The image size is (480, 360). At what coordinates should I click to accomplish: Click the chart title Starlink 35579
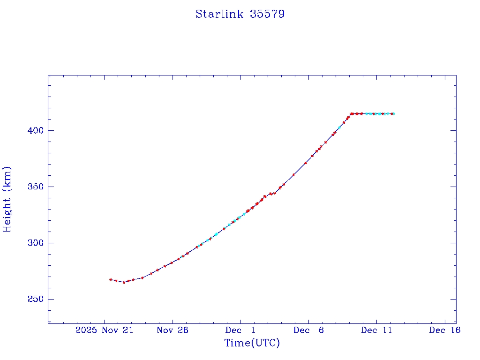pyautogui.click(x=240, y=14)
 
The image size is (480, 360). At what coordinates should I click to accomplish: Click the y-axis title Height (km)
pyautogui.click(x=7, y=199)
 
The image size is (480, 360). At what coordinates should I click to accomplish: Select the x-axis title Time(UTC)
pyautogui.click(x=252, y=343)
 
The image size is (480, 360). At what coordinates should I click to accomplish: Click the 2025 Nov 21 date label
pyautogui.click(x=104, y=330)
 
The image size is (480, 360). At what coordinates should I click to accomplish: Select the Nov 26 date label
pyautogui.click(x=172, y=330)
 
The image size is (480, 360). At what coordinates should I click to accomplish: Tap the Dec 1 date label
pyautogui.click(x=240, y=330)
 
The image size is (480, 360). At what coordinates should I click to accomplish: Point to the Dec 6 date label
pyautogui.click(x=308, y=330)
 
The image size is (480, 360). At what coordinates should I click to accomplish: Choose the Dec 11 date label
pyautogui.click(x=376, y=330)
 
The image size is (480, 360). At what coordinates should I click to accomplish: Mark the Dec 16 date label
pyautogui.click(x=444, y=330)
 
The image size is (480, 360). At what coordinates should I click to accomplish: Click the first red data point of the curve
pyautogui.click(x=111, y=279)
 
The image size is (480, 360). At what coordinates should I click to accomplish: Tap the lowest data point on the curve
pyautogui.click(x=124, y=282)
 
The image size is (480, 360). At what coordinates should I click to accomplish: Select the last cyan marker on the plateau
pyautogui.click(x=393, y=113)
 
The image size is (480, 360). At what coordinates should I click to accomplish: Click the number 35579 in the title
pyautogui.click(x=268, y=14)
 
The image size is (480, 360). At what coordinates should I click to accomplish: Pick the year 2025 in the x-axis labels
pyautogui.click(x=86, y=330)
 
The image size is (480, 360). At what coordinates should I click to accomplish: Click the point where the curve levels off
pyautogui.click(x=351, y=113)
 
